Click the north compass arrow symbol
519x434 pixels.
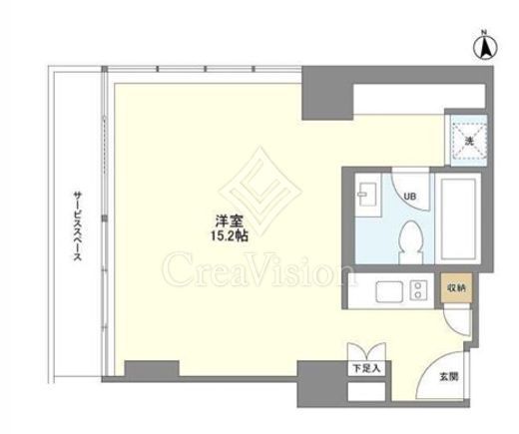[x=485, y=47]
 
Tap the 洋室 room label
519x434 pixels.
[x=230, y=221]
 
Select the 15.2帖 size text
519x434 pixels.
[x=229, y=235]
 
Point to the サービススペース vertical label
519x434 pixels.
[x=78, y=225]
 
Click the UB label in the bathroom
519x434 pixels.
[x=409, y=197]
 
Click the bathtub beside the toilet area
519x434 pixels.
[x=458, y=218]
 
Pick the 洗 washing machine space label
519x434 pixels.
[x=469, y=141]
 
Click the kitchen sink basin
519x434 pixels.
[x=389, y=291]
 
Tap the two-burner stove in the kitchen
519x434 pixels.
[x=418, y=290]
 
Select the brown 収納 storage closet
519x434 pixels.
[x=456, y=288]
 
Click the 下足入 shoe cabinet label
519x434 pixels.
[x=366, y=368]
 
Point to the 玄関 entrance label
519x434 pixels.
[x=449, y=377]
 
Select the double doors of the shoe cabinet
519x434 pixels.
[x=366, y=352]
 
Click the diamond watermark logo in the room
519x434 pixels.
[x=259, y=192]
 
